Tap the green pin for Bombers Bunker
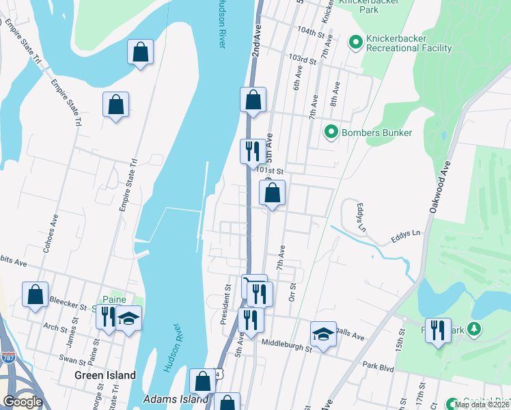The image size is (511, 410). point(331,132)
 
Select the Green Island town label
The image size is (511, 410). point(105,375)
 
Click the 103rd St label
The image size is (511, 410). point(303,60)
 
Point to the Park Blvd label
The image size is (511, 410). point(378,368)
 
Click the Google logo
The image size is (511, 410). point(23,401)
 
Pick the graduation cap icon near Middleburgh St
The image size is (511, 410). point(324,333)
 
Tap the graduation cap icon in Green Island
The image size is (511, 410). point(128,318)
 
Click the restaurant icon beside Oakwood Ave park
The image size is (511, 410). point(438,330)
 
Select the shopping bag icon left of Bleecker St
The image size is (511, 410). point(36,295)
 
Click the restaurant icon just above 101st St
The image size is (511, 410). point(253,150)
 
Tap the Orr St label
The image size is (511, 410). point(292,291)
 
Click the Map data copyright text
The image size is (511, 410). point(482,405)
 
